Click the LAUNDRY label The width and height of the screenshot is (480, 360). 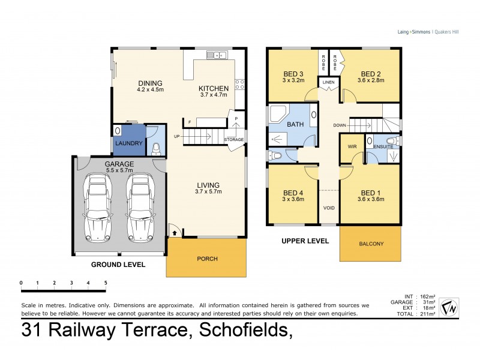(128, 143)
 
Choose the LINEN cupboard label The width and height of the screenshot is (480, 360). (328, 82)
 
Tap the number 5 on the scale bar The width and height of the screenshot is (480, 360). (106, 282)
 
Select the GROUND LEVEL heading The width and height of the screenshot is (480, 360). (118, 263)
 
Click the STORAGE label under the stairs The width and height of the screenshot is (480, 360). (233, 140)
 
